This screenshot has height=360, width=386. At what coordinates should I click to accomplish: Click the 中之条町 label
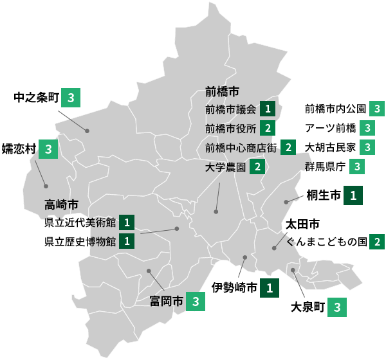click(36, 98)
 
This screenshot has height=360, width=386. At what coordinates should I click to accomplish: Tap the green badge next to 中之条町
click(71, 98)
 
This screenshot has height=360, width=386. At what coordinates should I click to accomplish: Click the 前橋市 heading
click(223, 91)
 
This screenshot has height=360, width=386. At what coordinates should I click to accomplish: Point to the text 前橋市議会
click(231, 109)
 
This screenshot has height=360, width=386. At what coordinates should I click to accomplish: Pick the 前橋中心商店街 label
click(241, 148)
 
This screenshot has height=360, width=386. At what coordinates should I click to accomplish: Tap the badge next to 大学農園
click(257, 167)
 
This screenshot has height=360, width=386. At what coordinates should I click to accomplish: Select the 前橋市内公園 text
click(335, 108)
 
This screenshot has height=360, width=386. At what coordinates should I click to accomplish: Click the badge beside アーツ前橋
click(367, 127)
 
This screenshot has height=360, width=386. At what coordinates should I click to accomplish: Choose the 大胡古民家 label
click(330, 147)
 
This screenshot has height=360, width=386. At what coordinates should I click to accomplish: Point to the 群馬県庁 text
click(326, 166)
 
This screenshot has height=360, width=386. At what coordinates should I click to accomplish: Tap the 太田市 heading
click(302, 225)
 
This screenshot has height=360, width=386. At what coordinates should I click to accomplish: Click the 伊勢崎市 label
click(235, 287)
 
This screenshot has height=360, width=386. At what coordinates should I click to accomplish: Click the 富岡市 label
click(167, 300)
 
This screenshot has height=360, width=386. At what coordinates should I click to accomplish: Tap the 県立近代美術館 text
click(80, 222)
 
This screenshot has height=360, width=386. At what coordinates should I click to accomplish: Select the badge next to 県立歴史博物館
click(127, 242)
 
